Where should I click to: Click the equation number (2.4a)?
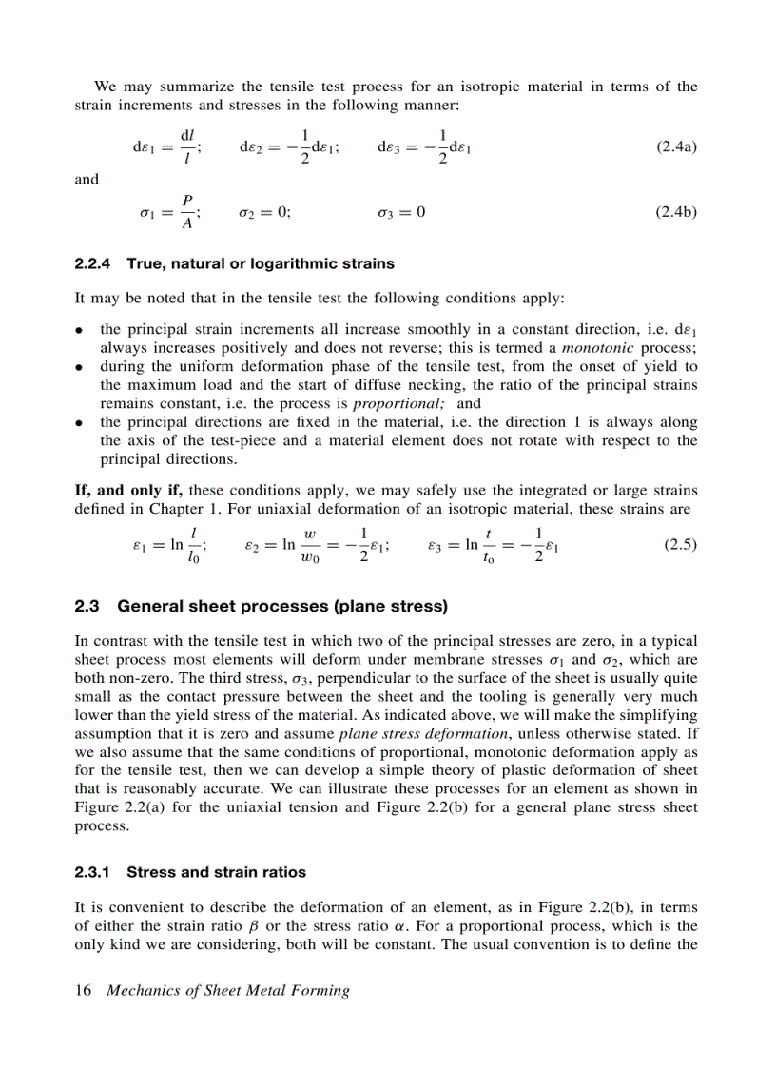(x=676, y=147)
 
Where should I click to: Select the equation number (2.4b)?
(x=676, y=212)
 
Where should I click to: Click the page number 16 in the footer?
(x=83, y=991)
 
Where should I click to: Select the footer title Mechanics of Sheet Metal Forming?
(x=228, y=991)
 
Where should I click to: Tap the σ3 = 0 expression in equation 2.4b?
(x=397, y=212)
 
